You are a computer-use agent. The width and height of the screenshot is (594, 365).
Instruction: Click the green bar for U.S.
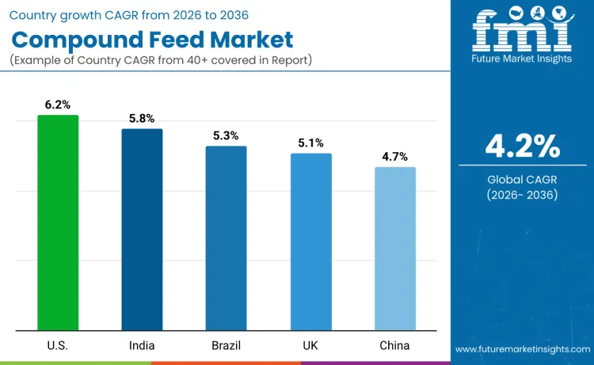(x=58, y=222)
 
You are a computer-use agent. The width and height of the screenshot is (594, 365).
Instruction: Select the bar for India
(x=142, y=229)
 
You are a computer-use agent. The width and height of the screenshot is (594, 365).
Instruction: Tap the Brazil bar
(x=227, y=238)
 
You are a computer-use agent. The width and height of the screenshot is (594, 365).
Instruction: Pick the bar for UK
(x=310, y=241)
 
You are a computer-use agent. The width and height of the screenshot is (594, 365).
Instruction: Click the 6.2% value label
(x=58, y=105)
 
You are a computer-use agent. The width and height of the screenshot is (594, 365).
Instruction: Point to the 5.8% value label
(x=142, y=118)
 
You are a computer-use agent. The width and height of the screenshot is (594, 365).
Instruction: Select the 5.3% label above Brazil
(x=227, y=135)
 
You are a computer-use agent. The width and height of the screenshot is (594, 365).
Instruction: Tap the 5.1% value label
(x=310, y=143)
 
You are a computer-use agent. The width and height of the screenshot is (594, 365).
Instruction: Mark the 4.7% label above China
(x=394, y=156)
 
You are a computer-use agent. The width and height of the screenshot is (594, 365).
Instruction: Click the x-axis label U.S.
(x=58, y=345)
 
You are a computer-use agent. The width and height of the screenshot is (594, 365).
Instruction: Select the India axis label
(x=142, y=345)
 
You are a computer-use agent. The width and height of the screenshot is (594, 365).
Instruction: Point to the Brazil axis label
(x=227, y=345)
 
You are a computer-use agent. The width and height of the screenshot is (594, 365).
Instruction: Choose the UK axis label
(x=310, y=345)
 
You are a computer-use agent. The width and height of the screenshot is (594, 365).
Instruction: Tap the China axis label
(x=394, y=345)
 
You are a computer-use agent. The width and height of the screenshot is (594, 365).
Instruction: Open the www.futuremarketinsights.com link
(x=522, y=349)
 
